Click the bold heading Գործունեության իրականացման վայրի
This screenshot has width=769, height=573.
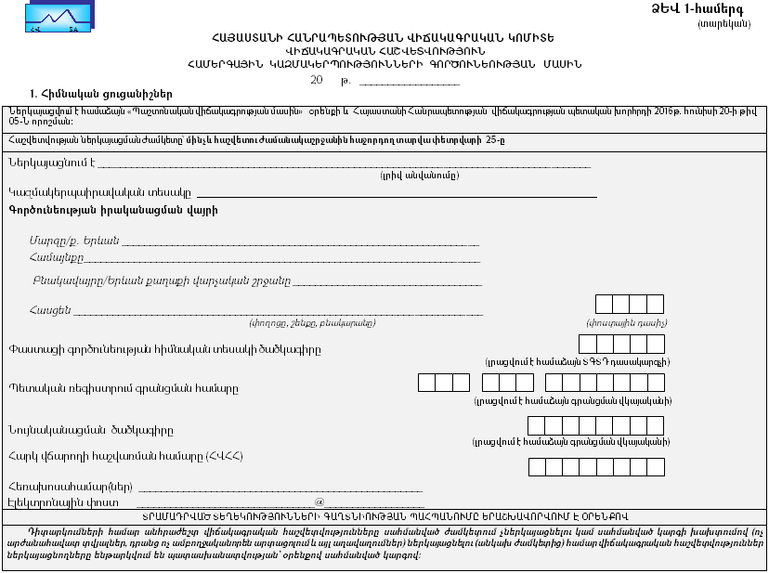(112, 211)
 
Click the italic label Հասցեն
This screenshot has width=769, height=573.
(50, 309)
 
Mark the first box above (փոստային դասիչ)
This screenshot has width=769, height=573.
(604, 304)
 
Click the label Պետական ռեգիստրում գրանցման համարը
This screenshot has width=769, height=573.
(122, 387)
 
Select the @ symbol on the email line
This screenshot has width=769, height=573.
(319, 501)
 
